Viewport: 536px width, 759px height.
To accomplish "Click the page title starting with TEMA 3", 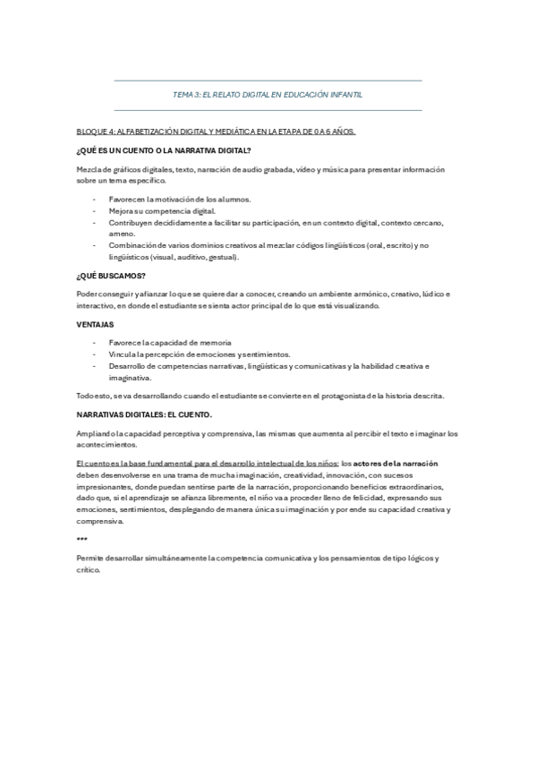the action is (268, 95).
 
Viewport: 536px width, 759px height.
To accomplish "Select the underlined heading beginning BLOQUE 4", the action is (216, 132).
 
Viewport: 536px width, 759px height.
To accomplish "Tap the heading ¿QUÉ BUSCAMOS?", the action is (112, 275).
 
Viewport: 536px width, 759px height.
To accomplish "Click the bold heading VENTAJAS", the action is (96, 324).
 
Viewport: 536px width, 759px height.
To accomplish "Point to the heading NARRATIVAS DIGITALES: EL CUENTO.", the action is (144, 415).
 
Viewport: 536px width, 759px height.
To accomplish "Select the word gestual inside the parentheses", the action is (222, 257).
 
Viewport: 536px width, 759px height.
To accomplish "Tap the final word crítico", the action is (89, 570).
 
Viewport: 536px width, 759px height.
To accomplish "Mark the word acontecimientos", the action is (107, 445).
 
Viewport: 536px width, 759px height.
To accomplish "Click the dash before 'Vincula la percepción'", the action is (94, 354).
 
